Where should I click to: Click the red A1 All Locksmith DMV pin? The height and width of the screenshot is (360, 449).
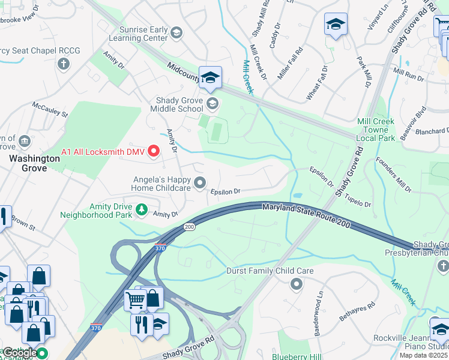click(x=153, y=151)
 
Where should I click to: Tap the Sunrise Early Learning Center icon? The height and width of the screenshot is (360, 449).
click(x=176, y=32)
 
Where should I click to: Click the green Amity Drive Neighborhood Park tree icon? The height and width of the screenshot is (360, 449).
click(x=142, y=209)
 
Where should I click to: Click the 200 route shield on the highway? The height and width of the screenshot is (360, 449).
click(x=190, y=227)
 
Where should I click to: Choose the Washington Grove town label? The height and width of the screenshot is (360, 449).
click(x=34, y=159)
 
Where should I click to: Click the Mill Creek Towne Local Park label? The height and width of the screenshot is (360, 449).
click(x=376, y=130)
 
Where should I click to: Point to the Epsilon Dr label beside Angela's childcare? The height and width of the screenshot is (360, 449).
click(x=225, y=191)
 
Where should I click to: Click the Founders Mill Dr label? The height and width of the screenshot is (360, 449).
click(x=394, y=175)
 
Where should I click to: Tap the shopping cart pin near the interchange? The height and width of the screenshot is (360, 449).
click(x=135, y=299)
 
